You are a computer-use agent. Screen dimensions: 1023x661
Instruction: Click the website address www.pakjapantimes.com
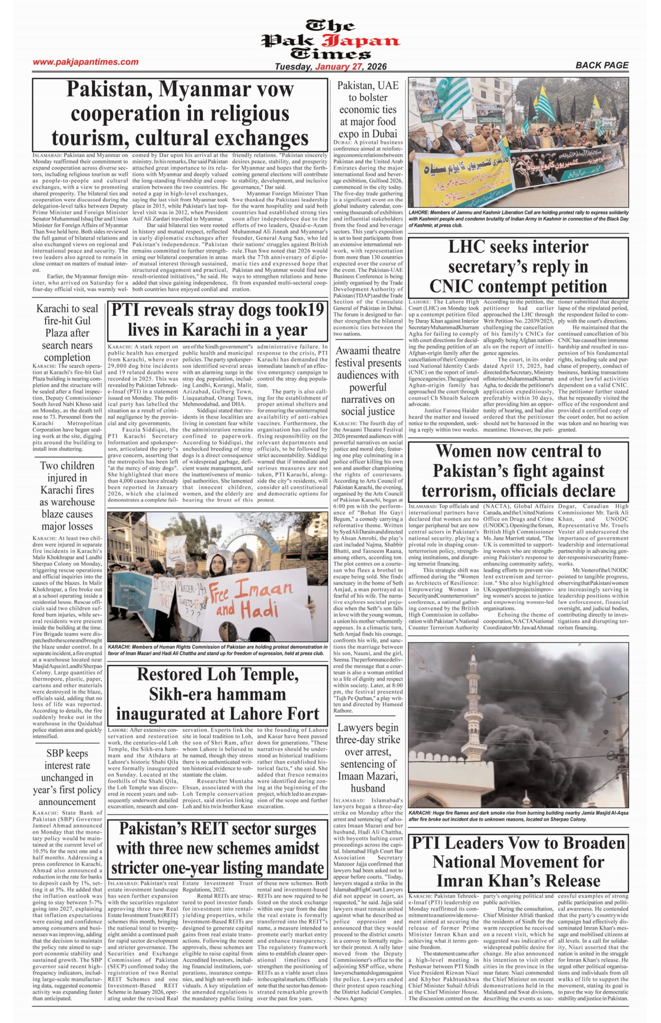[x=85, y=62]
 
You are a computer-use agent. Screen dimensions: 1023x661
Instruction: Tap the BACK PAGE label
[x=602, y=65]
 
